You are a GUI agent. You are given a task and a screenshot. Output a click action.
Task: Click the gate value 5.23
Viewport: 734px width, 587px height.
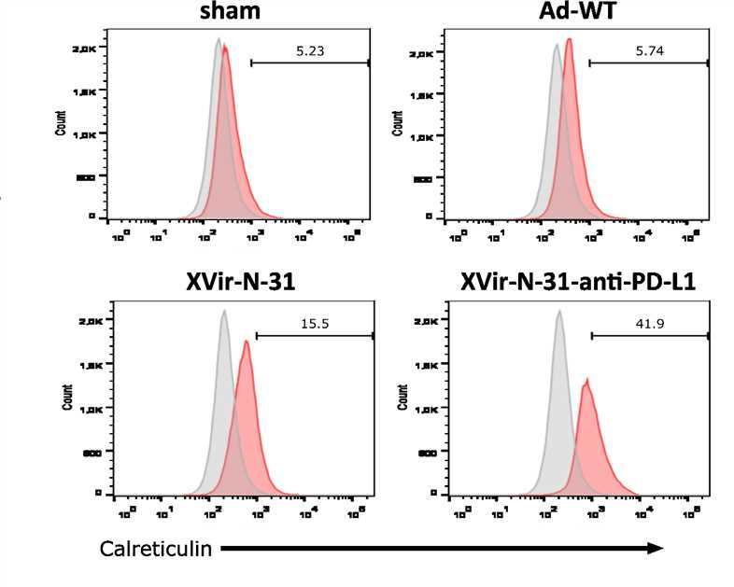click(x=311, y=52)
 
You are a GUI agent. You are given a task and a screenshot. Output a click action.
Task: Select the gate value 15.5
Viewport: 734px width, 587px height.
click(x=314, y=325)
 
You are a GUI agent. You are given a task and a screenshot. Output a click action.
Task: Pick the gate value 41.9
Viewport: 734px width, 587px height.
click(x=650, y=325)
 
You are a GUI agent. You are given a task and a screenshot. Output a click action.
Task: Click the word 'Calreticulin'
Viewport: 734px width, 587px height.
click(x=155, y=549)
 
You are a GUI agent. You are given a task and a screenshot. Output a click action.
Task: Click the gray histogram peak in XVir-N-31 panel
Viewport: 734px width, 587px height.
click(x=223, y=313)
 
